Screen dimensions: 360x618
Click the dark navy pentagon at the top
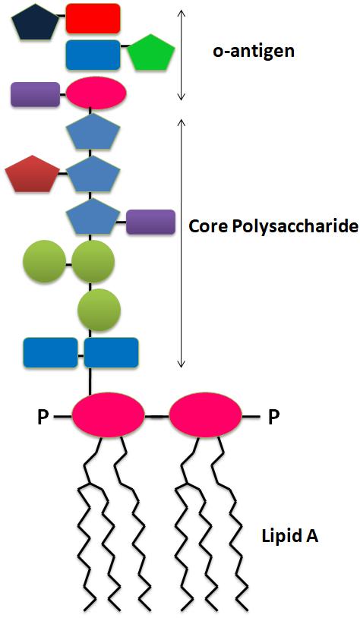[35, 23]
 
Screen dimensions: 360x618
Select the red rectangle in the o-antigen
[93, 18]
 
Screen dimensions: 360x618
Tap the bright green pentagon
[151, 53]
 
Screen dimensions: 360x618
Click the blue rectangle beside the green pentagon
[93, 55]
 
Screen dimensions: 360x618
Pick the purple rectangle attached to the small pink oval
[36, 94]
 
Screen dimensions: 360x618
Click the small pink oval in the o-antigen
[96, 93]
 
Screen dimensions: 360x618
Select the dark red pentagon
[32, 175]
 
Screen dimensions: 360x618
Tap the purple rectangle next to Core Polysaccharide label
[150, 222]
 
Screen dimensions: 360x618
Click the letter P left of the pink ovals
[43, 418]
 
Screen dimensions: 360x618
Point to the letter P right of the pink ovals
[273, 418]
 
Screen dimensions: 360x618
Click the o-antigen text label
[254, 52]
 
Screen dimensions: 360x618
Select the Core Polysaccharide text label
[273, 226]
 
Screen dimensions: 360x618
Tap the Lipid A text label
[290, 537]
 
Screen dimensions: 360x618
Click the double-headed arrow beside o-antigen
[181, 55]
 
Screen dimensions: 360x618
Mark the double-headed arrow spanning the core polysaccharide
[181, 243]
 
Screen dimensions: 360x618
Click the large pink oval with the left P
[109, 415]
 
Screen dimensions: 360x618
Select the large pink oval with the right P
[205, 415]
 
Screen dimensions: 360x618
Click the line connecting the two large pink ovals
[157, 416]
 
